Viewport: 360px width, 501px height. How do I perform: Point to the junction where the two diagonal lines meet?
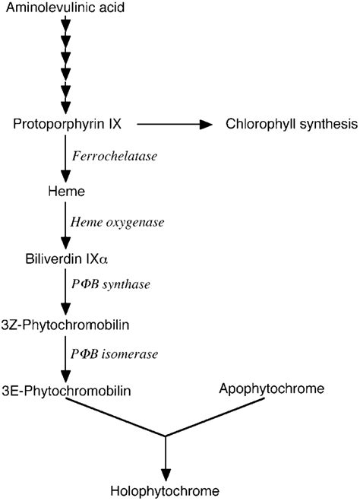click(166, 436)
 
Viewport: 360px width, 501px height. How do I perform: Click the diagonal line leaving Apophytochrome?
click(220, 418)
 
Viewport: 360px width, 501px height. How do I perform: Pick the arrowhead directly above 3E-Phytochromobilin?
click(65, 375)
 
